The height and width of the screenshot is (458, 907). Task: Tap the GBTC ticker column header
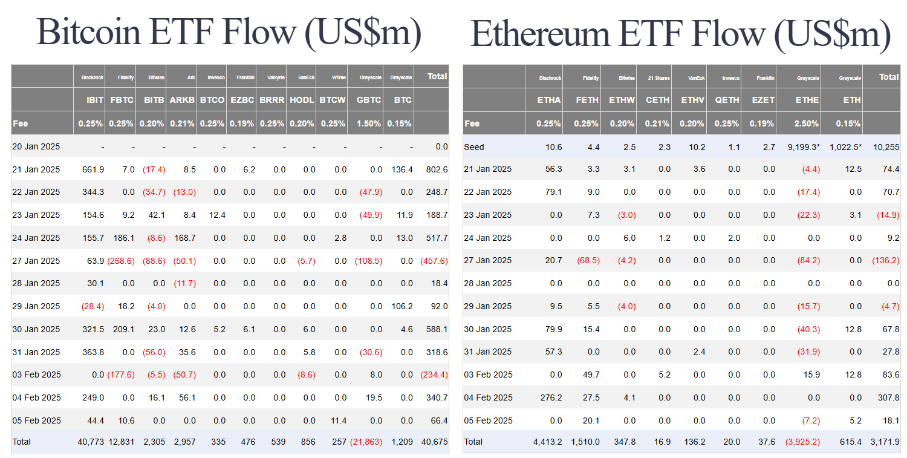coord(368,100)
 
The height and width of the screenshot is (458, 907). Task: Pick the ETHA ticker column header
coord(549,100)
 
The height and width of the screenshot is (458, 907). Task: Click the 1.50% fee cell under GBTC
coord(369,123)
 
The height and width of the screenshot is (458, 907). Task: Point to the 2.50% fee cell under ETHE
coord(807,123)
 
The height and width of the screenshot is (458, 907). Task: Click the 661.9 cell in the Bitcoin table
coord(93,169)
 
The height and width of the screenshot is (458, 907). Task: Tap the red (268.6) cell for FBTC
coord(121,261)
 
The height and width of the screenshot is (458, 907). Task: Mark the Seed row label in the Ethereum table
coord(474,147)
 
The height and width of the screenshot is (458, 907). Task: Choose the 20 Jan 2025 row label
coord(36,146)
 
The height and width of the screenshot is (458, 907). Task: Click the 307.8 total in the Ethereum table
coord(888,397)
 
